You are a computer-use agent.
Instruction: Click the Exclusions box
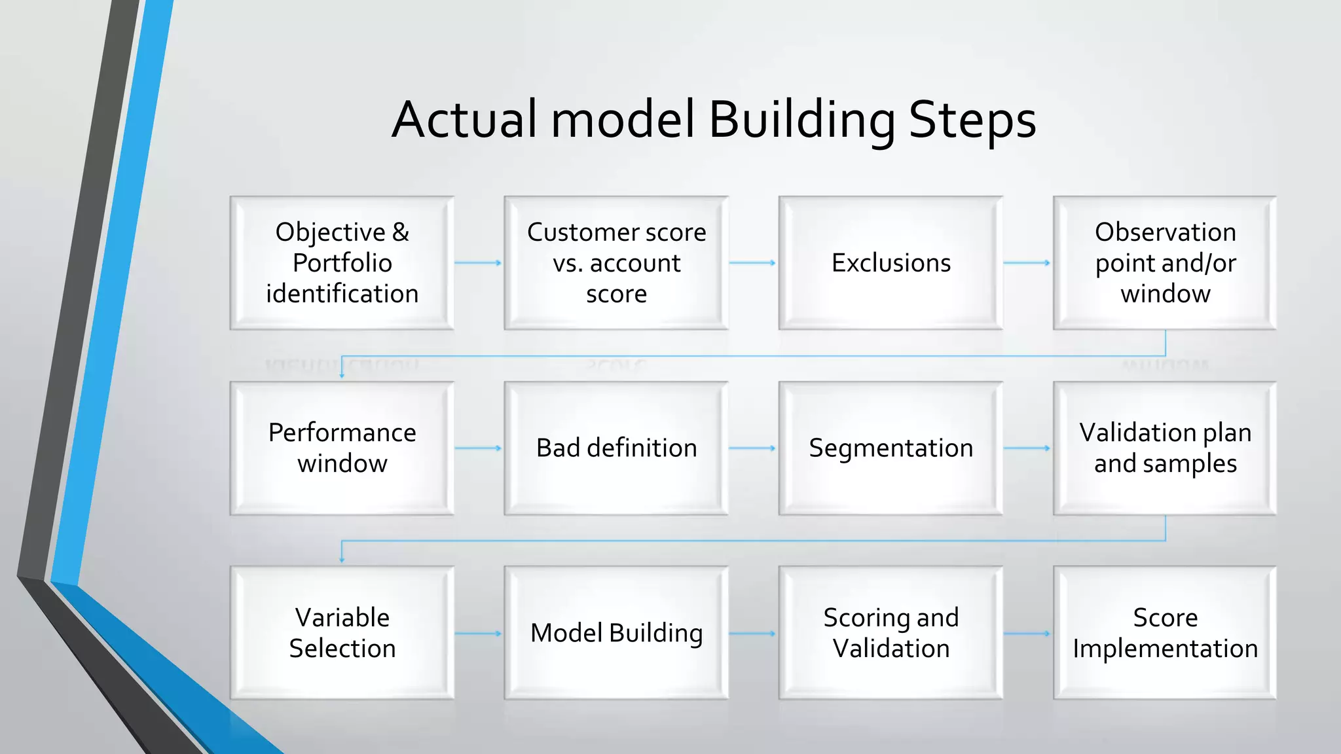[891, 262]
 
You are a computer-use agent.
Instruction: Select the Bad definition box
[616, 448]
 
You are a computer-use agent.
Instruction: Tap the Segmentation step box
[891, 448]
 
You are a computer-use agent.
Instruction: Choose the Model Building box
[616, 633]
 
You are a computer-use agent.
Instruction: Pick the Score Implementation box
[1165, 633]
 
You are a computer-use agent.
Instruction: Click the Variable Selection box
[342, 633]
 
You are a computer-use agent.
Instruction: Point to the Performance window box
[342, 448]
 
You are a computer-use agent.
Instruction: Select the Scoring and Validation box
[891, 633]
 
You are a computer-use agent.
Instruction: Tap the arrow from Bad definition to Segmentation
[752, 448]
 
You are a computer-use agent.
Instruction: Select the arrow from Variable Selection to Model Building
[478, 634]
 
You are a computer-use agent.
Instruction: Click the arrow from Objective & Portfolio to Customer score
[478, 262]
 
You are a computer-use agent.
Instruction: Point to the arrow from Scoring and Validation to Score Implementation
[1027, 634]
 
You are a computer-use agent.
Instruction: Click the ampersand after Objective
[401, 232]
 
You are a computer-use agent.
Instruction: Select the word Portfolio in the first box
[342, 263]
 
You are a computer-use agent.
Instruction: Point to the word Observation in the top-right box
[1165, 232]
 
